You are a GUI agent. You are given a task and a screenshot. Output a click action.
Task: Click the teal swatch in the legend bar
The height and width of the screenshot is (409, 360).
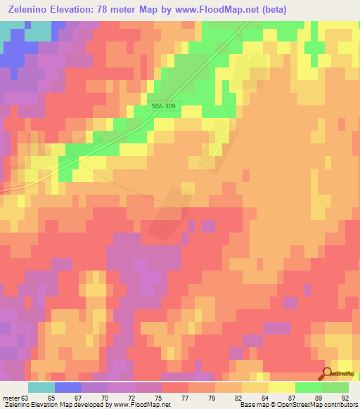tap(41, 387)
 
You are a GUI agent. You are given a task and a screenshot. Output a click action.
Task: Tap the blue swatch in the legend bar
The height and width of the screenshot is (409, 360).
tap(68, 387)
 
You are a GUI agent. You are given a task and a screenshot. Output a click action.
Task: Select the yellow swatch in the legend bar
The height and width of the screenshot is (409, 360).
tap(282, 387)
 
